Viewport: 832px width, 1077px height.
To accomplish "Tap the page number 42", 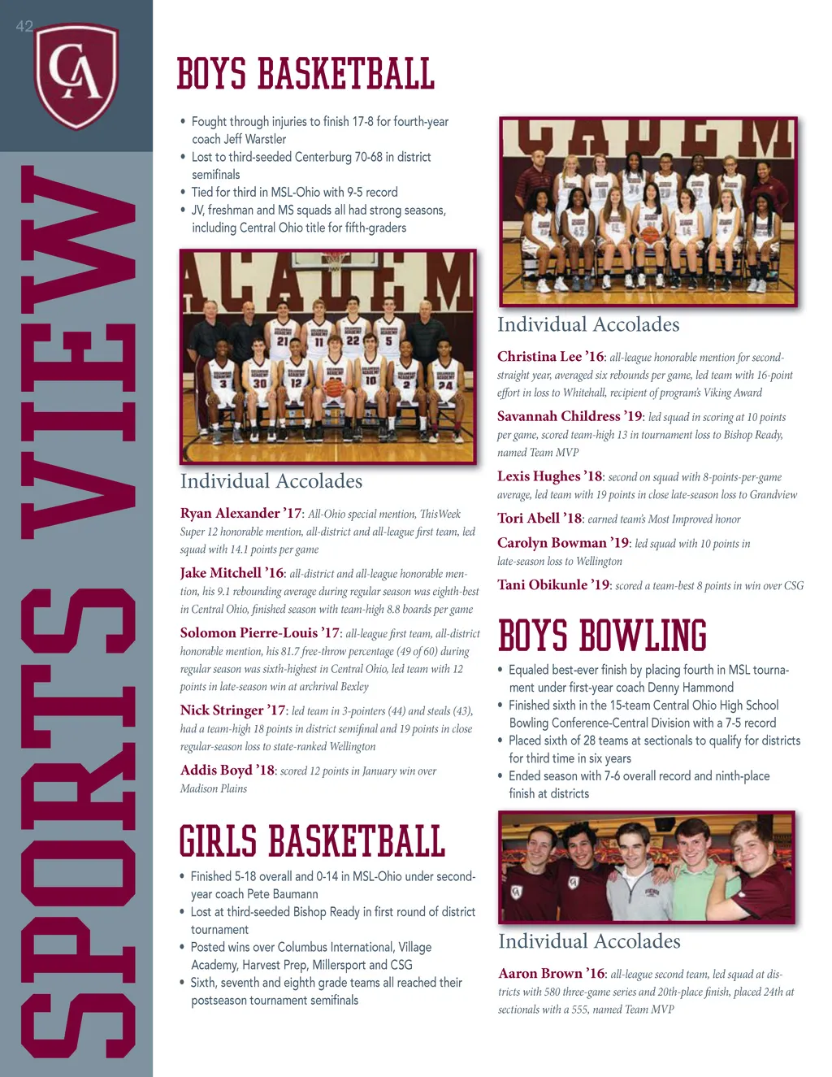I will point(24,26).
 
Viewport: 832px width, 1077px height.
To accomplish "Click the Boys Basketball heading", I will point(305,74).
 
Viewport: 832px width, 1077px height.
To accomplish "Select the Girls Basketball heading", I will point(312,841).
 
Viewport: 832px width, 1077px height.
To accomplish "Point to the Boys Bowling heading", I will point(602,636).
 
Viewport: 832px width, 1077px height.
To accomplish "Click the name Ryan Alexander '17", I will point(240,514).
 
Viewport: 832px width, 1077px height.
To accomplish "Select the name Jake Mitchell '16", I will point(232,573).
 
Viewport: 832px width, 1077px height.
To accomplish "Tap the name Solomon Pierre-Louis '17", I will point(260,633).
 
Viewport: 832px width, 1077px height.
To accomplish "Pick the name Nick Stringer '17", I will point(233,710).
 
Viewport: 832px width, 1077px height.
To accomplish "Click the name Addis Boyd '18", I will point(227,771).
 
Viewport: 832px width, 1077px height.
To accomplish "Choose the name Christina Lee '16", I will point(551,357).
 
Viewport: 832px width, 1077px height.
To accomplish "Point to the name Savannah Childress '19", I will point(570,416).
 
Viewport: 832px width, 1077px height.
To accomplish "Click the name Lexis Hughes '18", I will point(550,476).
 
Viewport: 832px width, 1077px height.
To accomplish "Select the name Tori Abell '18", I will point(539,519).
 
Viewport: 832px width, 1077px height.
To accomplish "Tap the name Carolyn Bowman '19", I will point(563,543).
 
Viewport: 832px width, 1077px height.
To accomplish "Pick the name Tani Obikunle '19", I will point(553,585).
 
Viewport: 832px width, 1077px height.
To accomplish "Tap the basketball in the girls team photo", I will point(648,235).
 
